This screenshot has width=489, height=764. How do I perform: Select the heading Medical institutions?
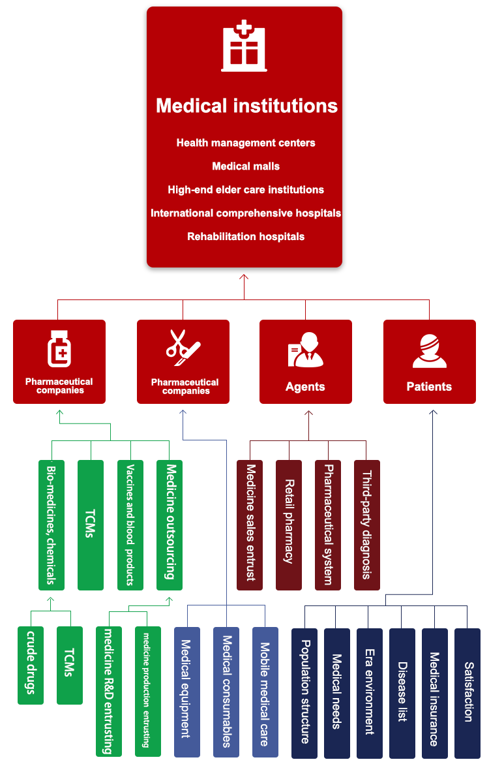click(x=246, y=106)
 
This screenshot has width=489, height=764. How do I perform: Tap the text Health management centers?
click(x=246, y=142)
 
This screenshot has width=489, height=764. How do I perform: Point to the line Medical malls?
click(x=246, y=166)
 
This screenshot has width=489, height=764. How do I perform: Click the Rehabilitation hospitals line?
click(x=246, y=236)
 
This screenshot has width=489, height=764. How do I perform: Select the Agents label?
click(x=305, y=386)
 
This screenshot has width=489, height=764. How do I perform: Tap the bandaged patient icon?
click(x=429, y=351)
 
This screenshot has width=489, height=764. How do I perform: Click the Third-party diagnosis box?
click(x=366, y=525)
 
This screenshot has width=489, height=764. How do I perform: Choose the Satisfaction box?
click(x=467, y=692)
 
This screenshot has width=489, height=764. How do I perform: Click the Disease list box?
click(x=402, y=692)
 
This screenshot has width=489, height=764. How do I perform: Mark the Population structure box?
click(x=304, y=692)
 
